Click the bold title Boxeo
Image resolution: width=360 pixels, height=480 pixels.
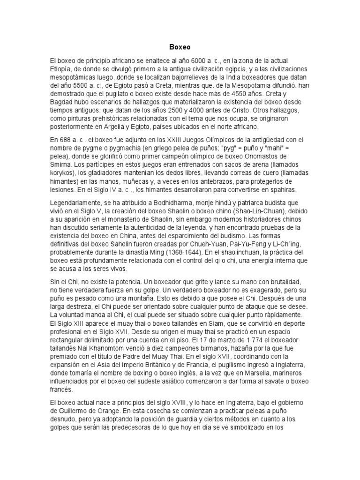[180, 47]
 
